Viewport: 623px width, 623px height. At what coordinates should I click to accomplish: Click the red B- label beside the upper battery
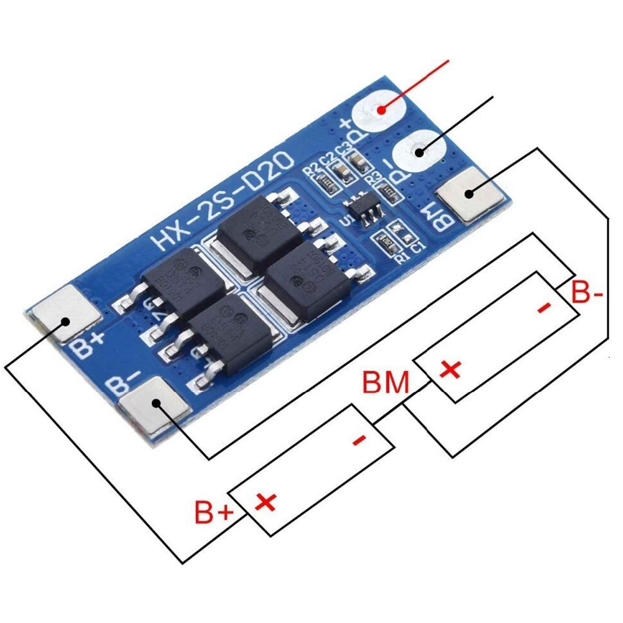[587, 293]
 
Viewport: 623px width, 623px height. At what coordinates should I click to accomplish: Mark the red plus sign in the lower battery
[267, 501]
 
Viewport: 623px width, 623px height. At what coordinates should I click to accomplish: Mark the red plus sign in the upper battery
[450, 370]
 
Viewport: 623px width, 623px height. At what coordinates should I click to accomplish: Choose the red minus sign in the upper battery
[543, 307]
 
